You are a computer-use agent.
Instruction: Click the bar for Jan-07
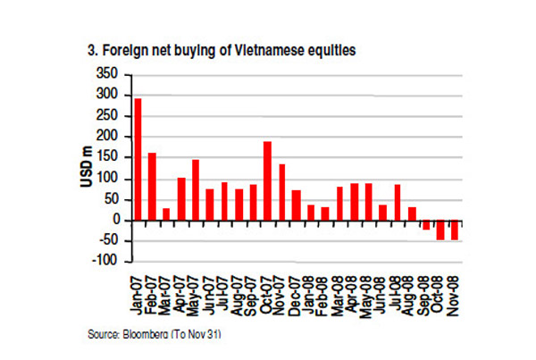138,159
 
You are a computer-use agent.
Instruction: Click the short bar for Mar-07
166,214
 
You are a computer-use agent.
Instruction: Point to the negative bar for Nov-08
454,230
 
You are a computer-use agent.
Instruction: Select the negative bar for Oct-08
440,230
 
